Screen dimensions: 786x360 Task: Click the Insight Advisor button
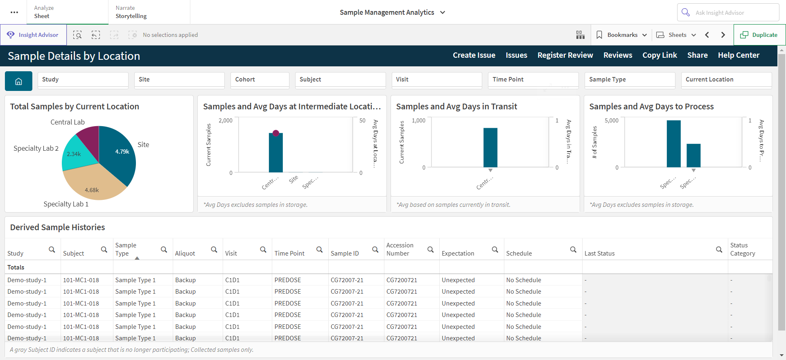tap(33, 35)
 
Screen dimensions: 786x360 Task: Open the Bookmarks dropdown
tap(621, 35)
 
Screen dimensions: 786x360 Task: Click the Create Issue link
tap(474, 55)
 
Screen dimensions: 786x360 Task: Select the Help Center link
tap(739, 55)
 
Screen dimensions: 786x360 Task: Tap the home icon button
tap(18, 81)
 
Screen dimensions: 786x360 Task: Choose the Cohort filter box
tap(260, 80)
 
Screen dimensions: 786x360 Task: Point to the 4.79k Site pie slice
tap(119, 154)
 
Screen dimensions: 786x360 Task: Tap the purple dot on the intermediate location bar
tap(276, 133)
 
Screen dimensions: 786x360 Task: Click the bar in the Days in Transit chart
tap(490, 147)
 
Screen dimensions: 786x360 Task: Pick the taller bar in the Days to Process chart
tap(674, 144)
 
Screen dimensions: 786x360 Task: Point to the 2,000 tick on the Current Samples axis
tap(226, 120)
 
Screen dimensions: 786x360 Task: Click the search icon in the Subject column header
tap(104, 249)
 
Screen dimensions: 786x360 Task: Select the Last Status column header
tap(599, 254)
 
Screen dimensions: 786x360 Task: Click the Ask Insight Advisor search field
tap(728, 12)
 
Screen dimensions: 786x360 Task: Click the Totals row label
tap(16, 267)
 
